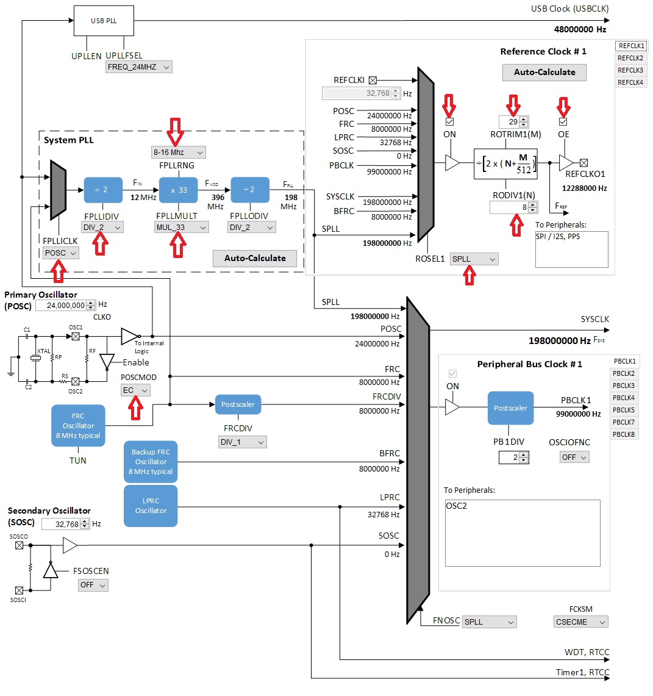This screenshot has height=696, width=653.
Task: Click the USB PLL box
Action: pyautogui.click(x=103, y=21)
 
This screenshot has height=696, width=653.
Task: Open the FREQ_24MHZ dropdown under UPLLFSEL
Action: pyautogui.click(x=139, y=67)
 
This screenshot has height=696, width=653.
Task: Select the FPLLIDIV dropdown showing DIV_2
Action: pyautogui.click(x=101, y=227)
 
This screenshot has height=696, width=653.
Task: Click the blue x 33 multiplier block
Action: pyautogui.click(x=178, y=190)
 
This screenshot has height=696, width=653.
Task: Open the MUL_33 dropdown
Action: pyautogui.click(x=182, y=227)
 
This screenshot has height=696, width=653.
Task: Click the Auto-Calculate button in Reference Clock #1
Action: pyautogui.click(x=544, y=72)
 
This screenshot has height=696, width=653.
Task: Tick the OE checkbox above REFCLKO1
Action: pyautogui.click(x=563, y=121)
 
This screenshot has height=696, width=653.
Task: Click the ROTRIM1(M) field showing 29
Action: pyautogui.click(x=510, y=122)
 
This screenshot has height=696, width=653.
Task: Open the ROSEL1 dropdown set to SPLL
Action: pyautogui.click(x=474, y=259)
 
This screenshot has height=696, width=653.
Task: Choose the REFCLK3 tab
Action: pyautogui.click(x=630, y=70)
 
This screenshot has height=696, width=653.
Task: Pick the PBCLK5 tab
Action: pyautogui.click(x=624, y=410)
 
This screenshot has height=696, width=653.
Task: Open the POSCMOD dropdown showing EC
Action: pyautogui.click(x=135, y=390)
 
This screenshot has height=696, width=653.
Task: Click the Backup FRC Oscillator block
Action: pyautogui.click(x=151, y=462)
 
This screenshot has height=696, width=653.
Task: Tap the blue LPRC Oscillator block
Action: pyautogui.click(x=151, y=506)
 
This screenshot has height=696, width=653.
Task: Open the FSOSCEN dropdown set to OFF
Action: pyautogui.click(x=93, y=585)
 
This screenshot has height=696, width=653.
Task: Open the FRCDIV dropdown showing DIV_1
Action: pyautogui.click(x=242, y=442)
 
